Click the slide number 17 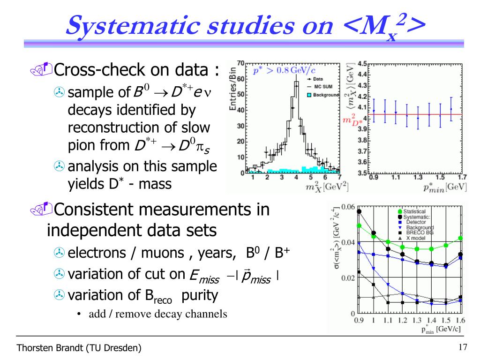[x=463, y=347]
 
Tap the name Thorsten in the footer [x=30, y=348]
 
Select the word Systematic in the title [x=133, y=26]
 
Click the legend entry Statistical [x=414, y=211]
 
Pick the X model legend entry [x=415, y=238]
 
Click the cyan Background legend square [x=309, y=95]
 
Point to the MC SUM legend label [x=323, y=87]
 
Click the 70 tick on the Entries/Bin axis [x=240, y=63]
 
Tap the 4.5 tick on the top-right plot [x=362, y=63]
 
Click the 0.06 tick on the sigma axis [x=348, y=207]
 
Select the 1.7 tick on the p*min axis [x=462, y=177]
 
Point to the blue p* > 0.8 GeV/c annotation [x=284, y=71]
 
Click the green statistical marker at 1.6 [x=460, y=238]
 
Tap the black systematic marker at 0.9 [x=359, y=211]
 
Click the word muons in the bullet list [x=162, y=253]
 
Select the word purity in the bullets [x=200, y=296]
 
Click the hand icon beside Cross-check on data [x=41, y=69]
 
